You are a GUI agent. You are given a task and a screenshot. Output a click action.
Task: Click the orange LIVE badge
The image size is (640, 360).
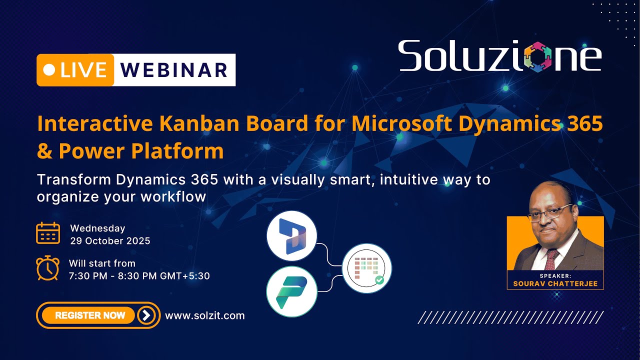(75, 70)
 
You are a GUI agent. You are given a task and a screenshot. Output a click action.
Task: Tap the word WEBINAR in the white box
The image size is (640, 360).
(174, 70)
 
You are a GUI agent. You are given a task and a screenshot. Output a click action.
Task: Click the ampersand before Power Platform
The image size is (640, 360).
(44, 151)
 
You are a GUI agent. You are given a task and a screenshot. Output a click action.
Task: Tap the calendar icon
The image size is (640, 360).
(48, 233)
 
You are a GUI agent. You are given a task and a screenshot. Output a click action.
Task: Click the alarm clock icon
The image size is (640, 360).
(48, 268)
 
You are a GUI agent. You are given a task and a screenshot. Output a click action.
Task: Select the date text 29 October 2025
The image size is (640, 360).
(110, 241)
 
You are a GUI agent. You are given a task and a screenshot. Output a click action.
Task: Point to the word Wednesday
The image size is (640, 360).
(97, 228)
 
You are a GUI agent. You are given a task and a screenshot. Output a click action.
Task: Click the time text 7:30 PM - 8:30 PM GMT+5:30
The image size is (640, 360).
(139, 275)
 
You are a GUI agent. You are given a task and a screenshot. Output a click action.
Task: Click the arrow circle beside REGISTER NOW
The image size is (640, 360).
(146, 315)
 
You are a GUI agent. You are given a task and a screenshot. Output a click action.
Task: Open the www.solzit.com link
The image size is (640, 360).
(204, 315)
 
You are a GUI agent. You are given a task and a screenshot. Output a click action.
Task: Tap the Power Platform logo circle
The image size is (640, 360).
(292, 291)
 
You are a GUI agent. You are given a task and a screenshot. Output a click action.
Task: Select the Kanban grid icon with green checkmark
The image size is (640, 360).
(367, 268)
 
